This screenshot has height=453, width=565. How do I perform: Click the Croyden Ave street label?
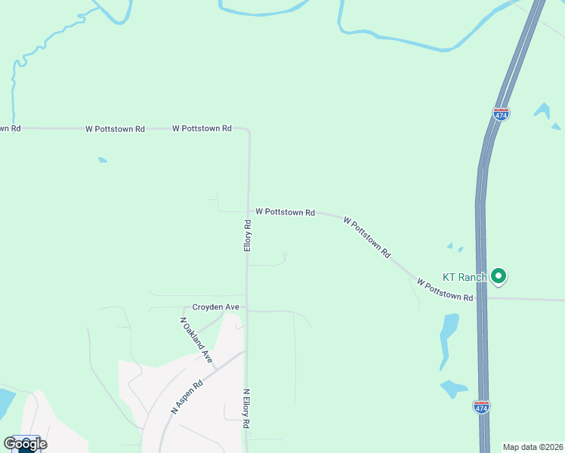[215, 307]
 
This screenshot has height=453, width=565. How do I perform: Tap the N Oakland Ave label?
[196, 341]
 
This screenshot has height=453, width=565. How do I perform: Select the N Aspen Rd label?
[188, 396]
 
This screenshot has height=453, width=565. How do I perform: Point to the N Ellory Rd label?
[246, 408]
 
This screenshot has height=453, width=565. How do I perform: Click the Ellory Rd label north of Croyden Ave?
[247, 236]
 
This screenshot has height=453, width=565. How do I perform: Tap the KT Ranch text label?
[464, 277]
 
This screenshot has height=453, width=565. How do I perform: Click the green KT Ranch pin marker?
[498, 276]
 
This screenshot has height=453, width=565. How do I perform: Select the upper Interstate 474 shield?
[501, 113]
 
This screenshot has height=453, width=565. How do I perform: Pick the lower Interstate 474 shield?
[481, 406]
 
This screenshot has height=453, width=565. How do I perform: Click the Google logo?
[25, 444]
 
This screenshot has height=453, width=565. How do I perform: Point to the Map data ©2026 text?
[533, 447]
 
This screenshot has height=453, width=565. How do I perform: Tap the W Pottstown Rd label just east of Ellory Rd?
[285, 213]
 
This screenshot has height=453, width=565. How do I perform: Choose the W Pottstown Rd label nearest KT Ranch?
[445, 291]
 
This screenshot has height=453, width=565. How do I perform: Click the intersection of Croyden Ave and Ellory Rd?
[247, 310]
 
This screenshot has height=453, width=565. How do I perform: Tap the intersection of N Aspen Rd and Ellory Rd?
[246, 351]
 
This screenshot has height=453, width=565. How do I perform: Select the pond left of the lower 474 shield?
[454, 389]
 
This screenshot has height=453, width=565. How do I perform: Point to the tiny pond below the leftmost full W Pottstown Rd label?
[102, 159]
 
